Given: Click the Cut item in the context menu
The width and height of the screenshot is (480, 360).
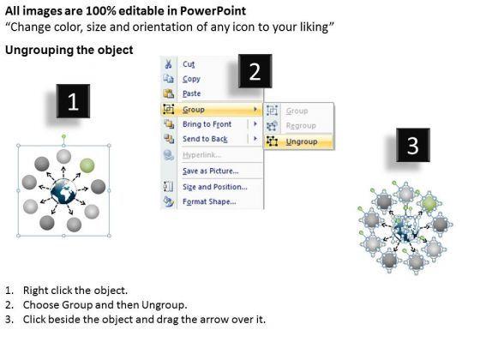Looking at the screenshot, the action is pyautogui.click(x=189, y=64).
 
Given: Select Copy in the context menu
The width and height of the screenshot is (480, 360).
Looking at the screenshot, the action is pyautogui.click(x=191, y=79).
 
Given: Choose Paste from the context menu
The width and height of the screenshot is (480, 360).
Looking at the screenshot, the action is pyautogui.click(x=192, y=93).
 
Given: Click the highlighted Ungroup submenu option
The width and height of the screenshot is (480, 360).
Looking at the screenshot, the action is pyautogui.click(x=302, y=141).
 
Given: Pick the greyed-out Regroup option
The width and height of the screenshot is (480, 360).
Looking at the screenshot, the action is pyautogui.click(x=301, y=126).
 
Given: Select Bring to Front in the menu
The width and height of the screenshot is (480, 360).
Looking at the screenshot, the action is pyautogui.click(x=207, y=124).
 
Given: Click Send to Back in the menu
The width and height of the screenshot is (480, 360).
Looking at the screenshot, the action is pyautogui.click(x=205, y=139).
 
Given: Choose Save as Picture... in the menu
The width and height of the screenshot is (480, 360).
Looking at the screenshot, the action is pyautogui.click(x=211, y=171).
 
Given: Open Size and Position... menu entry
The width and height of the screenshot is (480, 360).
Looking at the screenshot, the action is pyautogui.click(x=215, y=187).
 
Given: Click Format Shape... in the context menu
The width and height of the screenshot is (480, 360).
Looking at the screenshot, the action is pyautogui.click(x=209, y=201).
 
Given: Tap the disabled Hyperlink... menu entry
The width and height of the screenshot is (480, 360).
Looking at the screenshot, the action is pyautogui.click(x=201, y=155).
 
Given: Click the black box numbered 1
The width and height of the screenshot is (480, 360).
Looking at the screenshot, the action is pyautogui.click(x=73, y=101).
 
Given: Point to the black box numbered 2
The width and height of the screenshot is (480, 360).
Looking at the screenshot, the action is pyautogui.click(x=255, y=71).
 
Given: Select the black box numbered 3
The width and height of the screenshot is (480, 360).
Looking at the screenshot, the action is pyautogui.click(x=413, y=145).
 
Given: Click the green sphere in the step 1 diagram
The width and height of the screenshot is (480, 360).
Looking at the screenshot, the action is pyautogui.click(x=87, y=165).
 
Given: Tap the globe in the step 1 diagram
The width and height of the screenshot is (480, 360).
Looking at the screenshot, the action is pyautogui.click(x=63, y=192).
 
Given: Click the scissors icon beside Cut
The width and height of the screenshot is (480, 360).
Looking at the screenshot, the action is pyautogui.click(x=168, y=64).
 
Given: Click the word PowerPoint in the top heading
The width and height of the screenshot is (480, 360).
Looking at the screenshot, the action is pyautogui.click(x=213, y=11).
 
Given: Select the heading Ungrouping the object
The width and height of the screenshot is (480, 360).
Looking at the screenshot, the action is pyautogui.click(x=69, y=50).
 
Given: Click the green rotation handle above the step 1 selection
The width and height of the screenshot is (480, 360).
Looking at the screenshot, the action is pyautogui.click(x=63, y=136).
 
